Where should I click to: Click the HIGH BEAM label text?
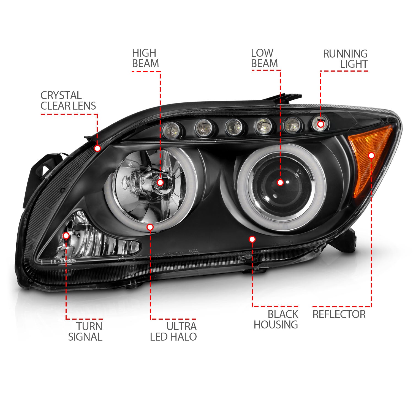pyautogui.click(x=145, y=58)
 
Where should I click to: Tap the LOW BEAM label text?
pyautogui.click(x=264, y=58)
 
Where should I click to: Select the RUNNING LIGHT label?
pyautogui.click(x=345, y=59)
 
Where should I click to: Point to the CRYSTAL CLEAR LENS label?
pyautogui.click(x=68, y=100)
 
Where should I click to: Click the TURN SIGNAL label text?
pyautogui.click(x=85, y=331)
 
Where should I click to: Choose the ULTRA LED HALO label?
pyautogui.click(x=173, y=331)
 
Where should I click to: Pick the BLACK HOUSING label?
pyautogui.click(x=276, y=319)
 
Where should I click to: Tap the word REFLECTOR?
pyautogui.click(x=339, y=314)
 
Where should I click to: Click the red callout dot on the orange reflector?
pyautogui.click(x=371, y=156)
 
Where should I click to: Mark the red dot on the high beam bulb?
pyautogui.click(x=161, y=182)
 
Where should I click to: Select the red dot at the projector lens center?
pyautogui.click(x=280, y=182)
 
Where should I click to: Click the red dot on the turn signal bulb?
pyautogui.click(x=66, y=236)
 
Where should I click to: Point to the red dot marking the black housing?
pyautogui.click(x=252, y=239)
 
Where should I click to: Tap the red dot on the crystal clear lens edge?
pyautogui.click(x=97, y=148)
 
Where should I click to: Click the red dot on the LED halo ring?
pyautogui.click(x=150, y=227)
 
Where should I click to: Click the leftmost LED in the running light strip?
pyautogui.click(x=171, y=129)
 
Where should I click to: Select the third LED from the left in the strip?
pyautogui.click(x=233, y=127)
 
